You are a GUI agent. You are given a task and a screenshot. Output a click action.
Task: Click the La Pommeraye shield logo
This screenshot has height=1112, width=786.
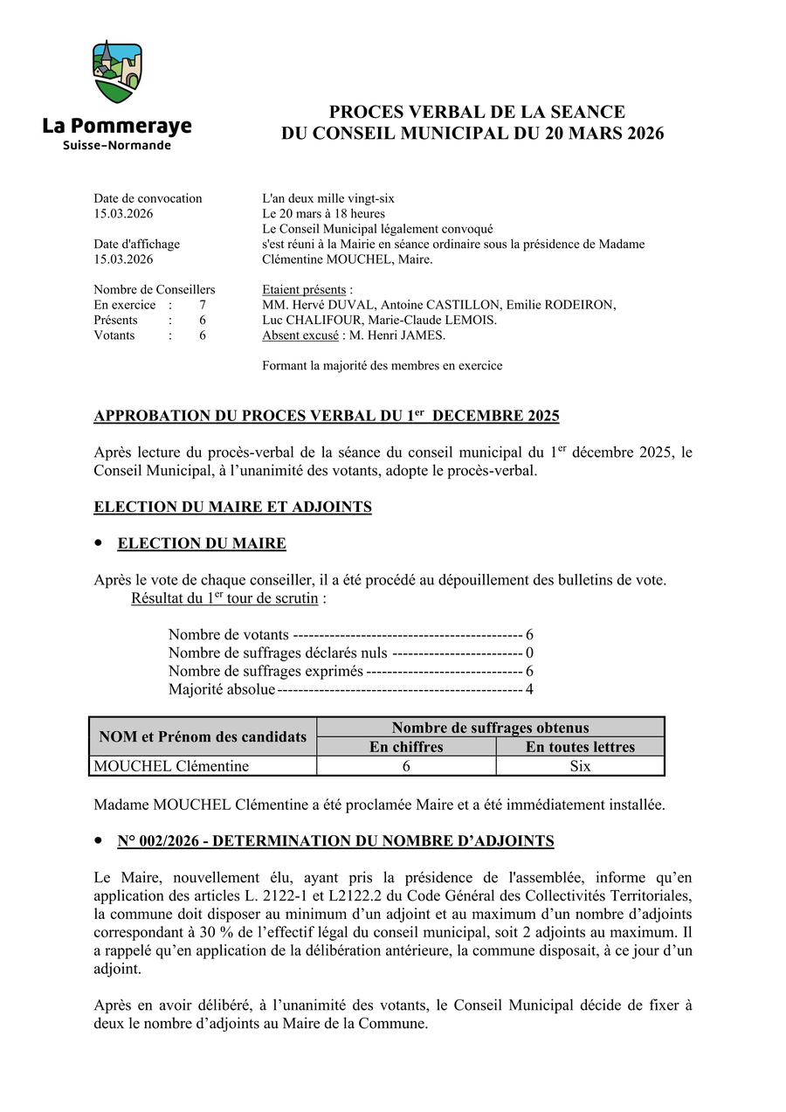coord(117,72)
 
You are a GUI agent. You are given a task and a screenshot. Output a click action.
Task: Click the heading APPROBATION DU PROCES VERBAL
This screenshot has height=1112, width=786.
coord(326,417)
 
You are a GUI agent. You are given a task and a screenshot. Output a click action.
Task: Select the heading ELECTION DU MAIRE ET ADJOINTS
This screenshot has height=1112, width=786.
coord(232,508)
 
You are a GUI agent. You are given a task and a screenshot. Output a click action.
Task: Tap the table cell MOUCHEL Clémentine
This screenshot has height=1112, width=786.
coord(171,766)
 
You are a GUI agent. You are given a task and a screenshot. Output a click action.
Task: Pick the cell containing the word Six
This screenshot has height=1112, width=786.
coord(580,766)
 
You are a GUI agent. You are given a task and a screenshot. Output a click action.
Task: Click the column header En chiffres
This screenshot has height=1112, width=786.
coord(406,747)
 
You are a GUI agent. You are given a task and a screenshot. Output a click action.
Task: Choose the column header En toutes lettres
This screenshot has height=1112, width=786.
coord(580,747)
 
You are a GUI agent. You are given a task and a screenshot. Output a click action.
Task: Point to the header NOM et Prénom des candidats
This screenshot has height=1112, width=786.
coord(203,737)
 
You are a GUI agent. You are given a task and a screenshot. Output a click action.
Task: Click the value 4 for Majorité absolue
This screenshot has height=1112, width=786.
coord(529,690)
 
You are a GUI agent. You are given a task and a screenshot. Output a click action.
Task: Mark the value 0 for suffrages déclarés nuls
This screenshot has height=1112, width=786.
coord(529,653)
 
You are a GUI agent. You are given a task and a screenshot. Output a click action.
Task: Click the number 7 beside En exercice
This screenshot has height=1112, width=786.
coord(203,305)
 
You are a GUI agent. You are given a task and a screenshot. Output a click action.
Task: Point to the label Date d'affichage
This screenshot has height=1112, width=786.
coord(136,244)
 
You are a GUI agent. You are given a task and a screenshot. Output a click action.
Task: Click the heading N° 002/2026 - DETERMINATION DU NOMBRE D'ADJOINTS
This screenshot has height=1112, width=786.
coord(335,841)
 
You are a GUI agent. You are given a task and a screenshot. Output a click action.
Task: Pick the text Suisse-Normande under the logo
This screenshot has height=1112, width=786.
coord(117,145)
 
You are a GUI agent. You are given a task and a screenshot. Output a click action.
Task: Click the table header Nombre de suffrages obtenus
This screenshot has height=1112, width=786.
coord(490,728)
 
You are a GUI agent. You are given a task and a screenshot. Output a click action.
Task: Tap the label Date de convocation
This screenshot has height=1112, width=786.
coord(148,198)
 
